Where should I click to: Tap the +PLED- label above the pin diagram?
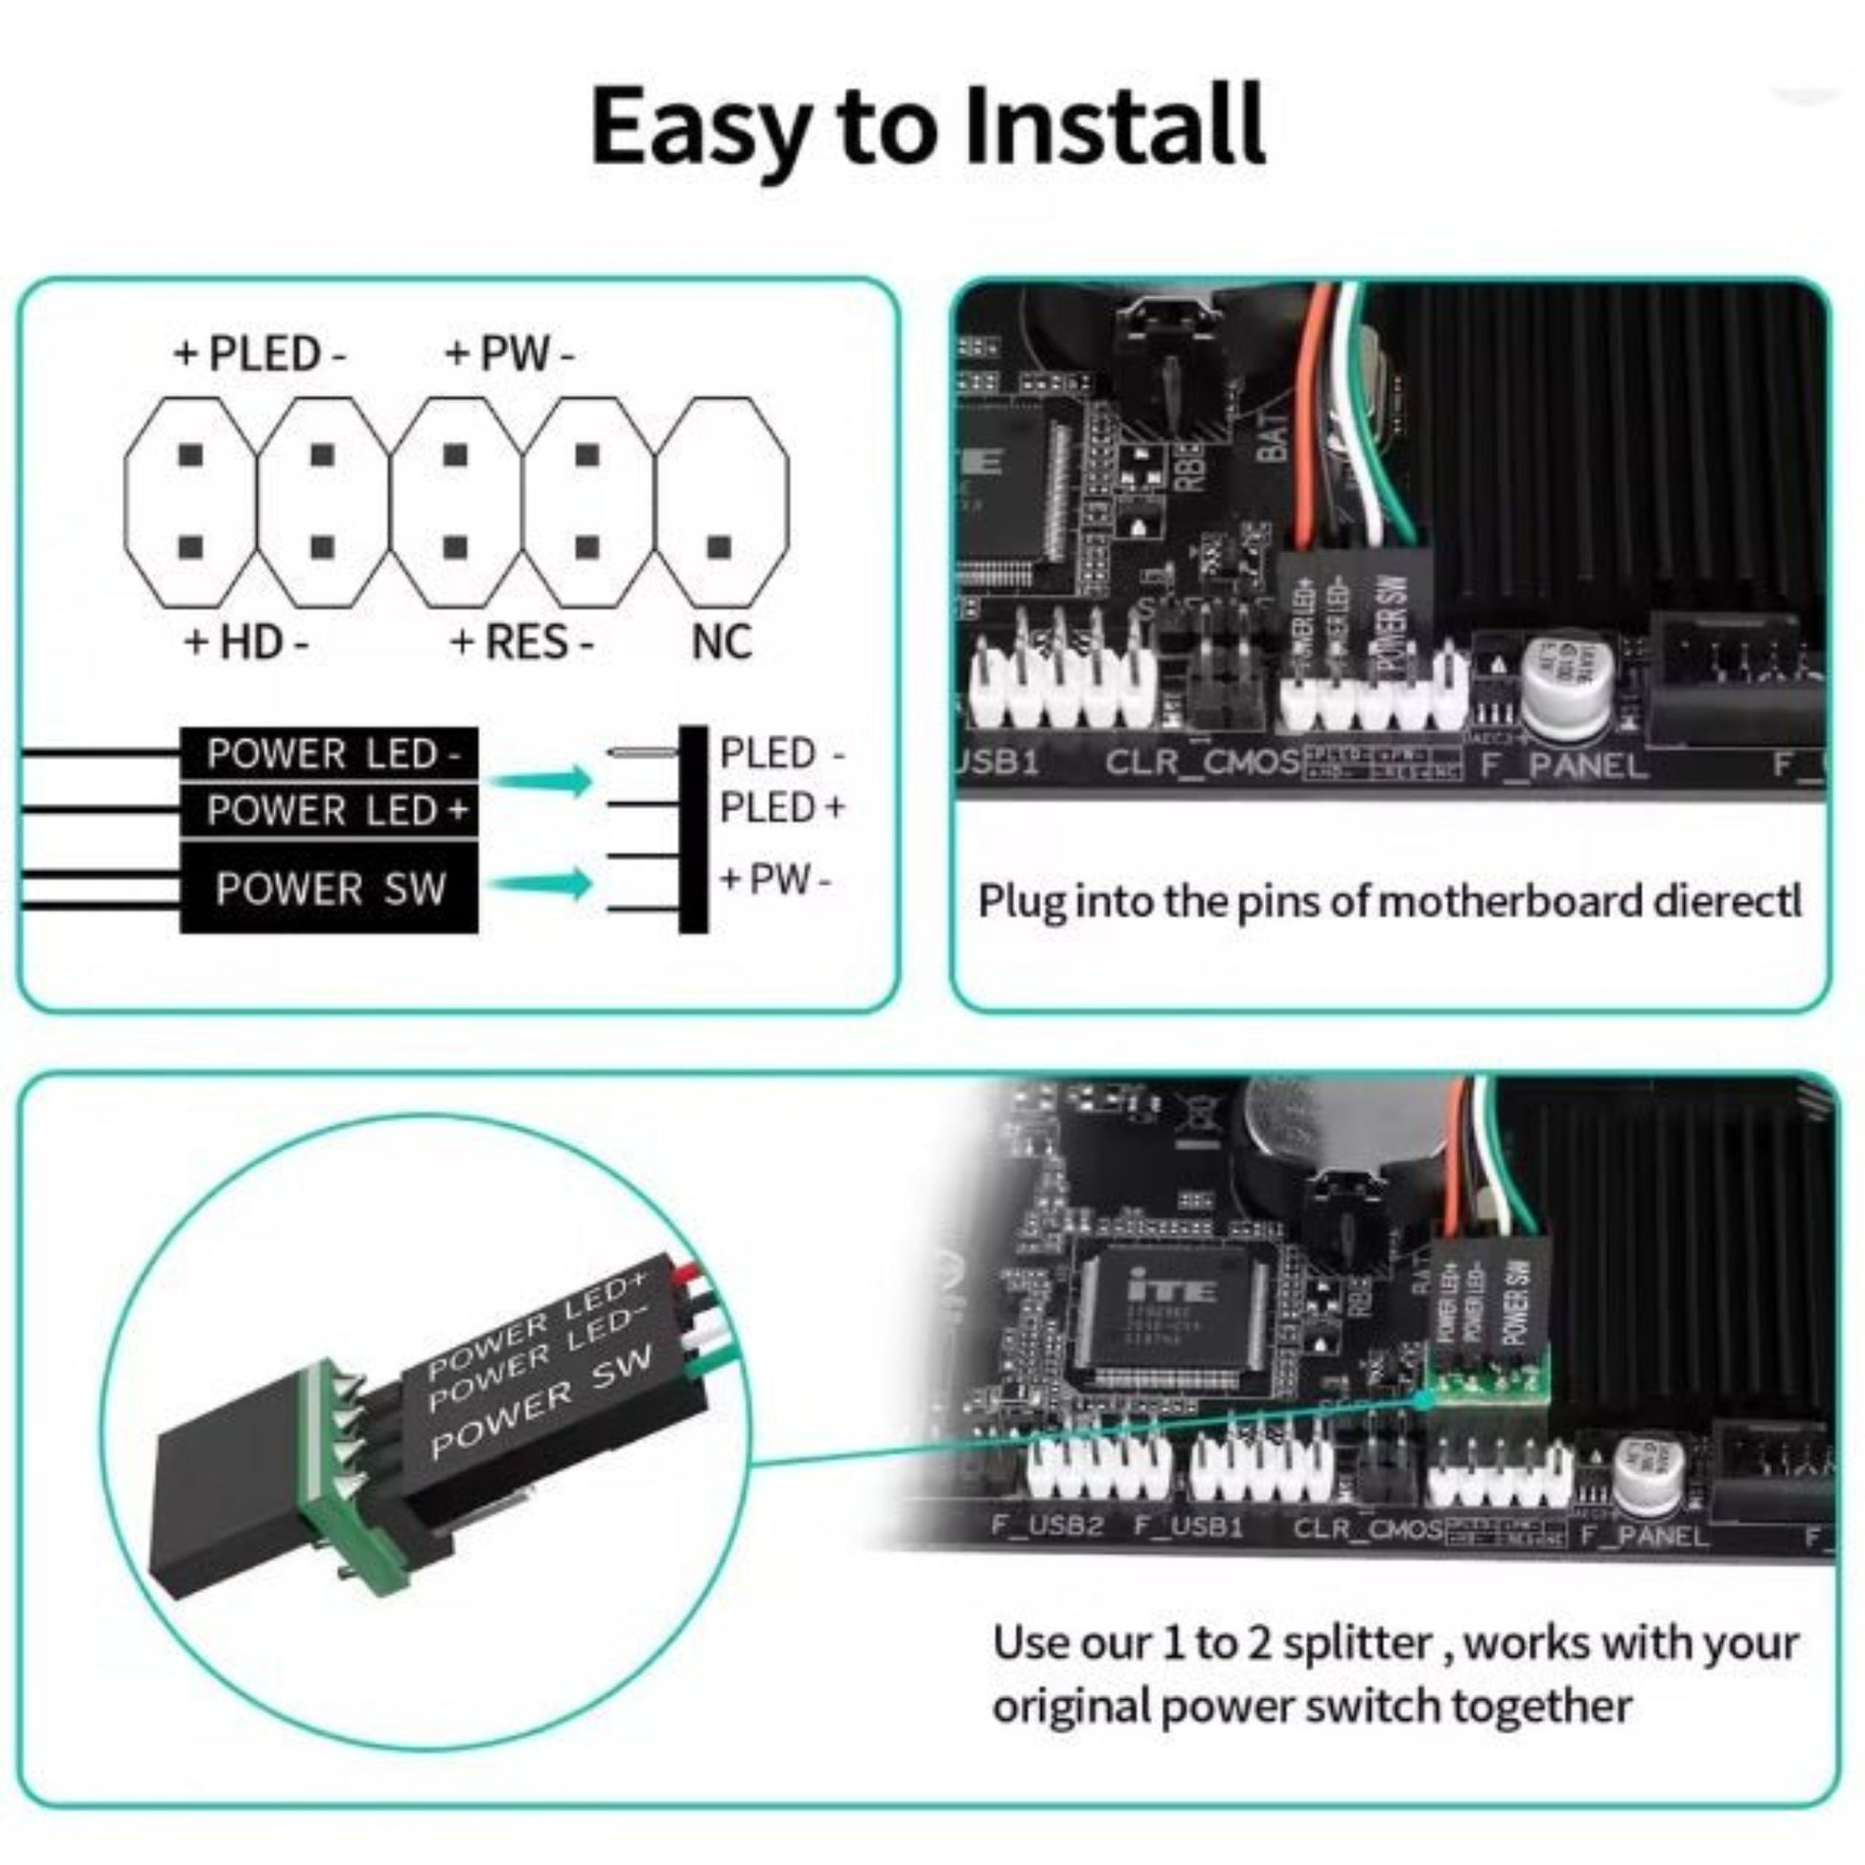[x=260, y=355]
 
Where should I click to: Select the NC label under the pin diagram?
[x=721, y=642]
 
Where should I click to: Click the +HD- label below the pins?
[x=247, y=641]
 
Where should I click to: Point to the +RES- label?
[x=522, y=642]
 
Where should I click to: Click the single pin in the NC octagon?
[x=718, y=547]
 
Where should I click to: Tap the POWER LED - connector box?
[x=329, y=754]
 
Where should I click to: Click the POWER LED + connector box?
[x=329, y=810]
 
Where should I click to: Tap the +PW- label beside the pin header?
[x=775, y=880]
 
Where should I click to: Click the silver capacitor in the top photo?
[x=1570, y=687]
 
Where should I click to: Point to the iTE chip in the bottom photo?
[x=1172, y=1316]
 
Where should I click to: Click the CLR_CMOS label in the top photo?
[x=1202, y=763]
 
